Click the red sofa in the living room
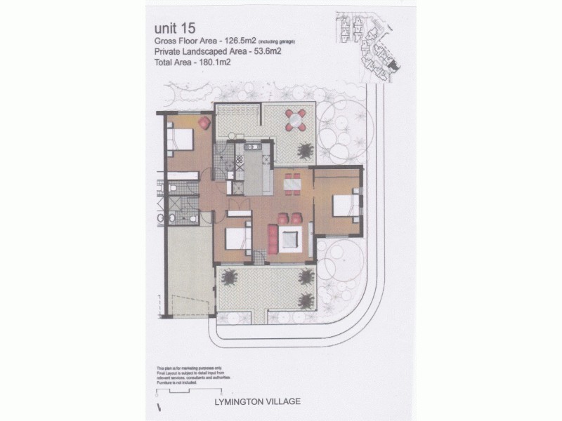click(x=273, y=237)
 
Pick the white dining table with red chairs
click(x=292, y=183)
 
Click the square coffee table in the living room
click(x=291, y=239)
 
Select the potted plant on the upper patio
click(x=306, y=149)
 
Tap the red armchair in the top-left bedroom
click(x=204, y=123)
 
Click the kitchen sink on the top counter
click(x=251, y=147)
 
